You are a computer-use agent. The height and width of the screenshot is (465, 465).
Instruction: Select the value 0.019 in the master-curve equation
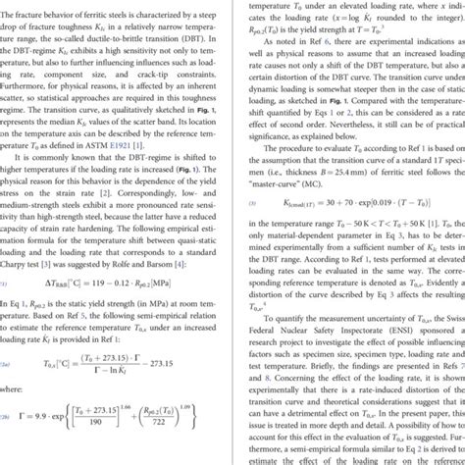[378, 230]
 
